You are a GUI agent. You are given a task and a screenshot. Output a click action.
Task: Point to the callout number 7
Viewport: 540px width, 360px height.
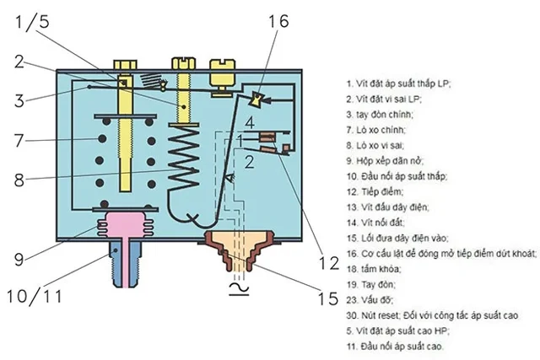[x=22, y=137]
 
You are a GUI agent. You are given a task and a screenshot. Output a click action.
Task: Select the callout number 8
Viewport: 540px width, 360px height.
[x=22, y=180]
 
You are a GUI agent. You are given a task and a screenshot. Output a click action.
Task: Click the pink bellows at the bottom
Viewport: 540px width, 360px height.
[x=119, y=225]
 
